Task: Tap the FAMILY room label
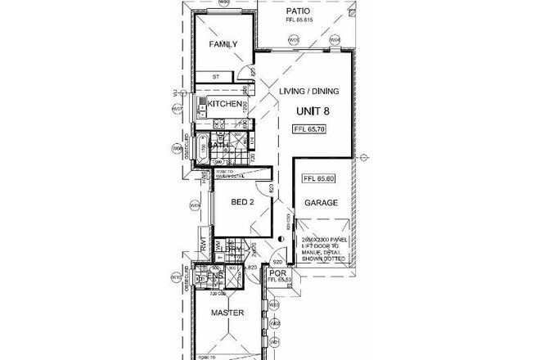(223, 43)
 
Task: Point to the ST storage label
(217, 79)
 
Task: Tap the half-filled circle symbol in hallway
(281, 239)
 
